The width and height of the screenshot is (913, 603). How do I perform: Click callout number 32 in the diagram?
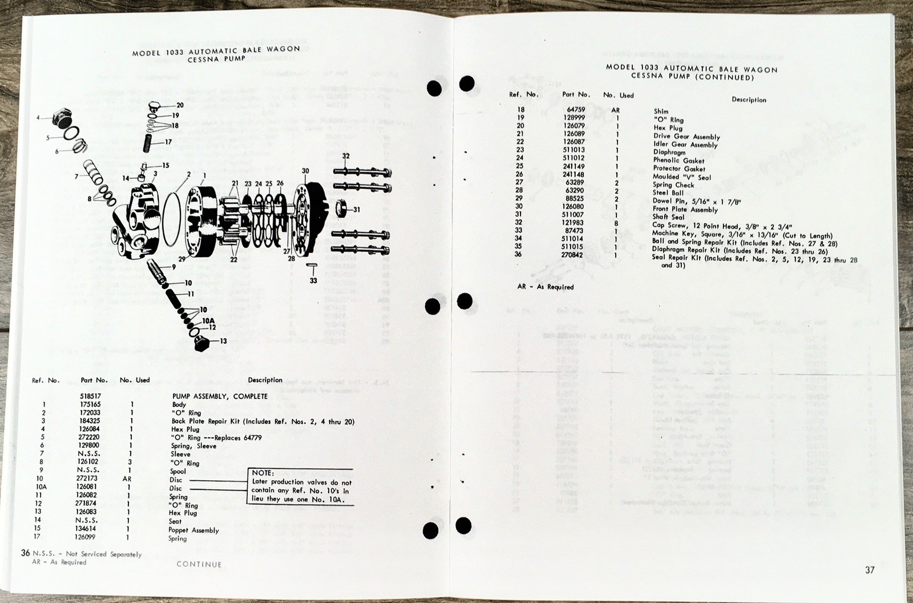pos(346,156)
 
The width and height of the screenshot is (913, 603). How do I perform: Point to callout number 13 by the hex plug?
pos(223,341)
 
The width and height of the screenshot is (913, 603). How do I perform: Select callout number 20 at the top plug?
pos(180,105)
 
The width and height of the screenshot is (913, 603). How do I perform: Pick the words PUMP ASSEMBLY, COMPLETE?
pos(220,396)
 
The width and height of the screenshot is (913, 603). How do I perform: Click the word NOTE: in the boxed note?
pos(263,473)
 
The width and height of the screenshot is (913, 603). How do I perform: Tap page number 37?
pos(869,570)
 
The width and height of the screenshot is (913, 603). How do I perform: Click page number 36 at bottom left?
pos(25,553)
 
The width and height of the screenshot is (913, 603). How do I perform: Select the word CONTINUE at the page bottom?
pos(199,564)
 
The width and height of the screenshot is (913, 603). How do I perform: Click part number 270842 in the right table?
pos(572,255)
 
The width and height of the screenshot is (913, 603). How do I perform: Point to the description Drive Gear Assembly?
pos(686,137)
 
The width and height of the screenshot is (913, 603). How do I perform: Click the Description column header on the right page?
pos(749,99)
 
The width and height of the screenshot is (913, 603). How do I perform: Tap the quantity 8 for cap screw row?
pos(616,223)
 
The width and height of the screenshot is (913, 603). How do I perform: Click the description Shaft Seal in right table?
pos(669,217)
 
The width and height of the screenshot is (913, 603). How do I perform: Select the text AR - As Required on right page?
pos(545,287)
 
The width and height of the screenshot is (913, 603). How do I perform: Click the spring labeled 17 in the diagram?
pos(150,142)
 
